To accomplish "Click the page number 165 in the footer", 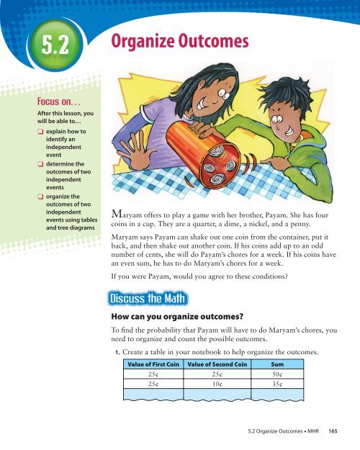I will (x=347, y=434).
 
